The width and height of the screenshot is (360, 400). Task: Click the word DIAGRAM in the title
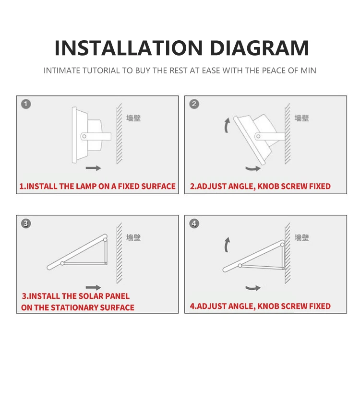click(259, 48)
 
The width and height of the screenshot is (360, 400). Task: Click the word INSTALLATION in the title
click(129, 48)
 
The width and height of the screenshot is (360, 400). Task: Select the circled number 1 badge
click(26, 104)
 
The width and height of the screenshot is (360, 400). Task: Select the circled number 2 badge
click(194, 104)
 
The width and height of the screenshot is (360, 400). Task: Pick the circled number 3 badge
click(26, 224)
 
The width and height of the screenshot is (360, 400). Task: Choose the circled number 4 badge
click(194, 224)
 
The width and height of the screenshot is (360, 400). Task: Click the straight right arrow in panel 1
click(93, 168)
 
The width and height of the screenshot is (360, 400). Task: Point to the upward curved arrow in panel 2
click(226, 125)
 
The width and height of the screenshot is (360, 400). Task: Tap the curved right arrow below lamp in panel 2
click(253, 169)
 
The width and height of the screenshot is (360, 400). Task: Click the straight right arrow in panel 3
click(93, 287)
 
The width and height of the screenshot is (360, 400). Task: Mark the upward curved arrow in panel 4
click(226, 245)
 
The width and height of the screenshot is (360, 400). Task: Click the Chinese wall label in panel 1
click(133, 118)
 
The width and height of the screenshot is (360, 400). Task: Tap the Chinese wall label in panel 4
click(301, 237)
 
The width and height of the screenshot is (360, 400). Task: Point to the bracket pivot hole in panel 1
click(84, 137)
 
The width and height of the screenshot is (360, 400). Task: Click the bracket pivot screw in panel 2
click(258, 136)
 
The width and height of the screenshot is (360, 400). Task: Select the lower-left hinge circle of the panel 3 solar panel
click(62, 263)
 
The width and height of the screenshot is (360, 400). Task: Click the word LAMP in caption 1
click(86, 186)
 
